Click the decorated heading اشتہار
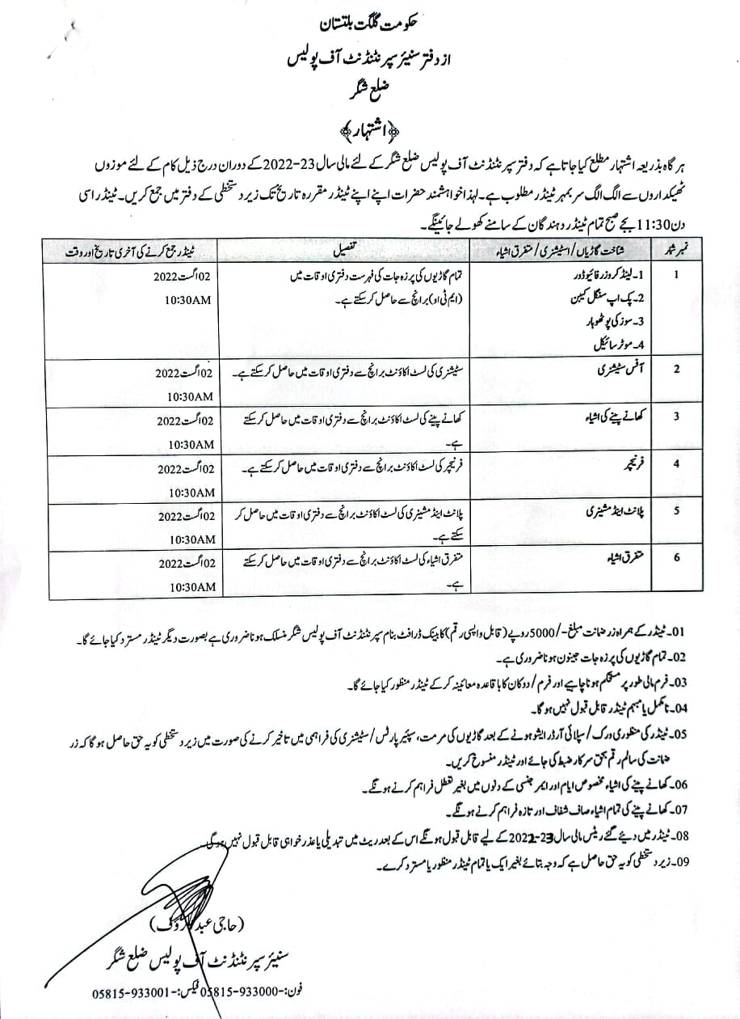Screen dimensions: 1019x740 (369, 130)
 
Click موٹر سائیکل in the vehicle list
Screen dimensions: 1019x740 (612, 344)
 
